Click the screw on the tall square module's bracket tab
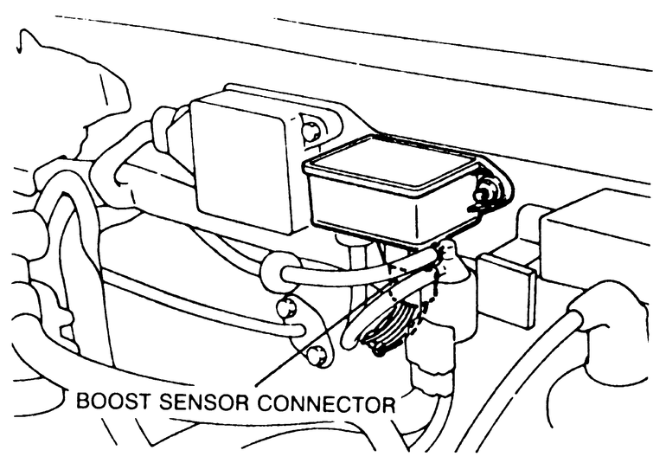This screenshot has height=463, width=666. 311,132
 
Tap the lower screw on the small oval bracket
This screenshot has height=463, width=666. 316,353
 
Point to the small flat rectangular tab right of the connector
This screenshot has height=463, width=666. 509,290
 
